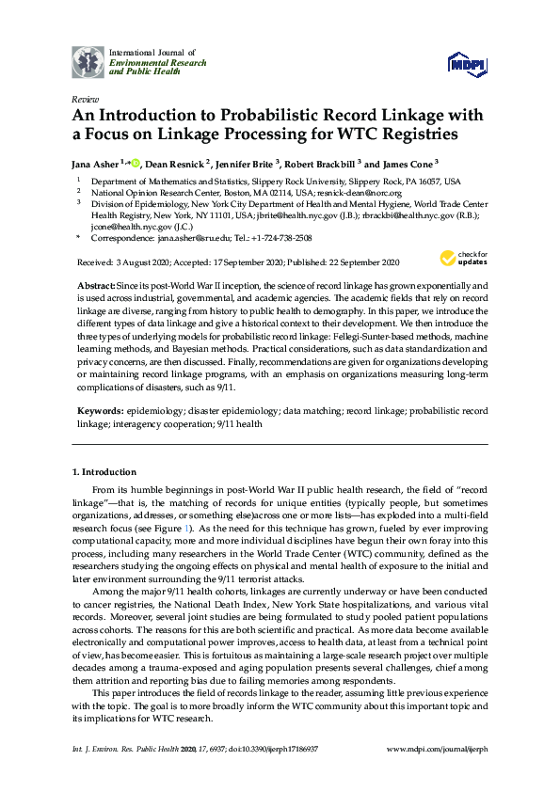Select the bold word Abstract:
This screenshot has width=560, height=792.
tap(99, 284)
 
